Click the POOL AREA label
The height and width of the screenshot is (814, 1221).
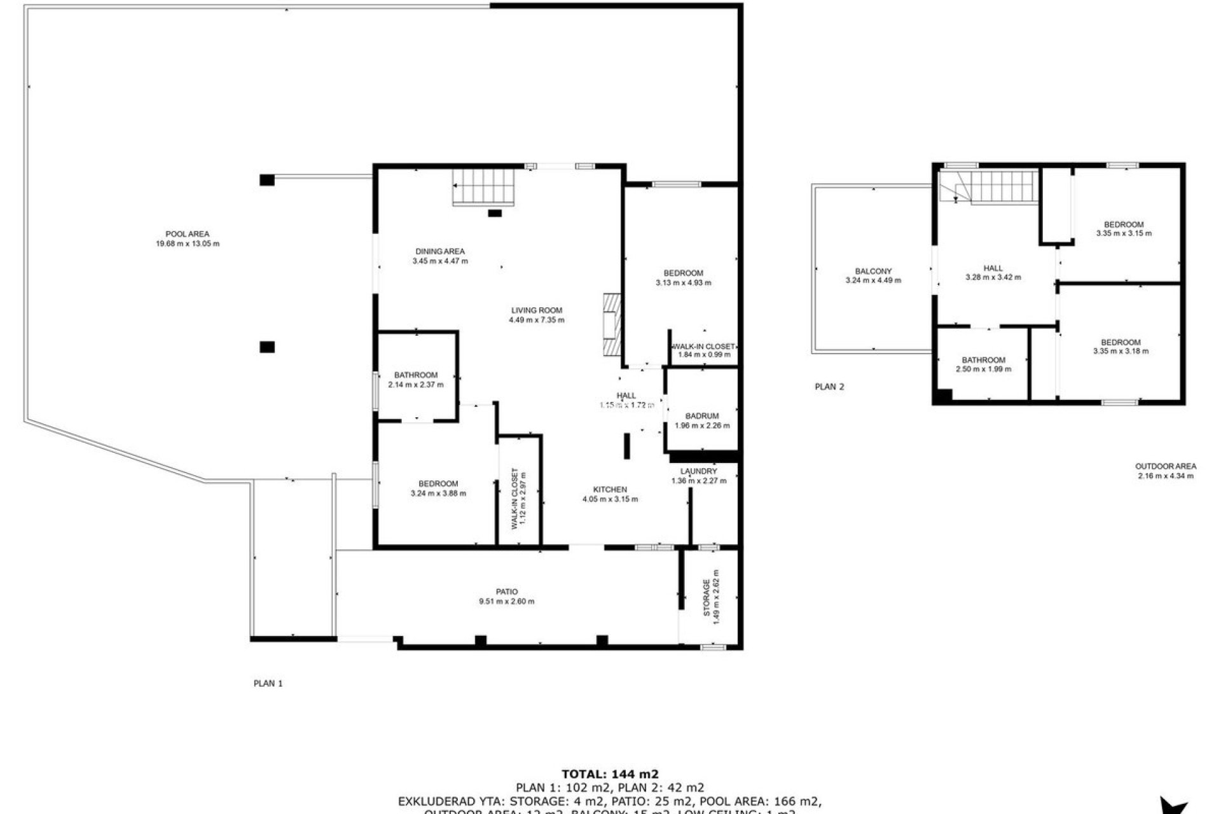point(188,234)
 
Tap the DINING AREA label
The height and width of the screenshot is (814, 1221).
point(440,251)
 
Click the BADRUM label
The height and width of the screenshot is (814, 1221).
point(702,417)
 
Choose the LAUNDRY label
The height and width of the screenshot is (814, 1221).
point(698,471)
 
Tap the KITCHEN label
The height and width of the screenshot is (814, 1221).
point(610,490)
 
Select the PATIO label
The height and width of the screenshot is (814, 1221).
point(507,592)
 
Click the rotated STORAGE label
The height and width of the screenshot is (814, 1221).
point(706,598)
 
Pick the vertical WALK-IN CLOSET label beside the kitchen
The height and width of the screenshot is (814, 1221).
point(514,499)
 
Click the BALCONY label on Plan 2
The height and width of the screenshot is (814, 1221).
point(873,271)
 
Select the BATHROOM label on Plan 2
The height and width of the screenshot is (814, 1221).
point(983,360)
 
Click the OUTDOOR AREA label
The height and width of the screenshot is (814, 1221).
point(1166,466)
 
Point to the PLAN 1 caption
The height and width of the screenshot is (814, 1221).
point(268,684)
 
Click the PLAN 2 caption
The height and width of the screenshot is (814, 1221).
point(829,387)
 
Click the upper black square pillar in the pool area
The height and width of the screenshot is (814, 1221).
point(267,180)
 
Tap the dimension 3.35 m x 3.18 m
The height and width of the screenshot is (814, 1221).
point(1121,351)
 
